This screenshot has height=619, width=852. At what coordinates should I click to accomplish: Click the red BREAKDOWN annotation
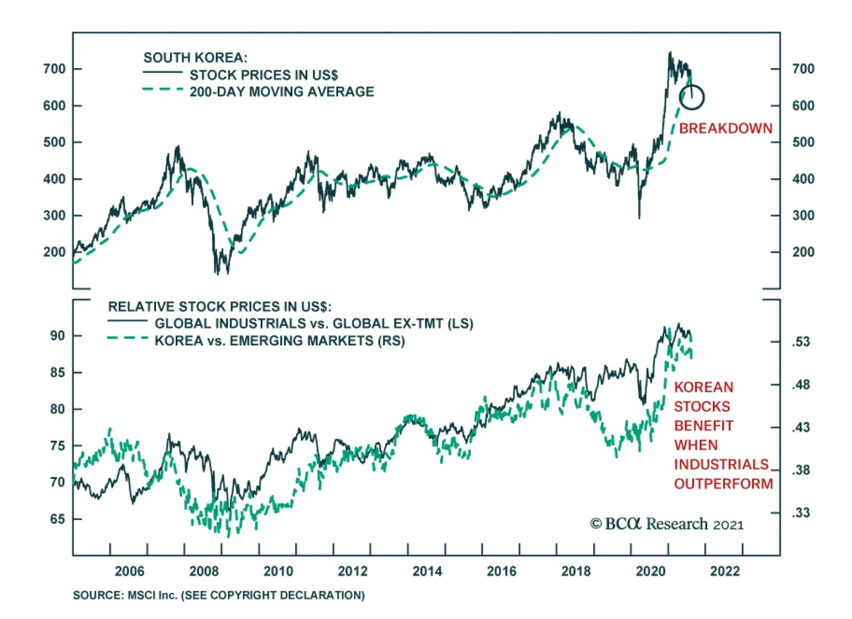point(725,128)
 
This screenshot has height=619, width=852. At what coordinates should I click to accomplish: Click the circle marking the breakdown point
point(692,97)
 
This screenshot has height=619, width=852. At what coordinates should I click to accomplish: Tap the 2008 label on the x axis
point(204,571)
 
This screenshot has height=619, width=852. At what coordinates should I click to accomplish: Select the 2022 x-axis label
point(725,571)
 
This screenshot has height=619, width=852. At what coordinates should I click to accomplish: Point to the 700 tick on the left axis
point(54,69)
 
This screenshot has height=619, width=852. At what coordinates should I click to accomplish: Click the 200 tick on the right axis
point(803,252)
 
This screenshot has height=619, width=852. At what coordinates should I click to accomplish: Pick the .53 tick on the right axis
point(800,342)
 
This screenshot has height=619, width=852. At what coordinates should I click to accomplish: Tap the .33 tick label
point(800,513)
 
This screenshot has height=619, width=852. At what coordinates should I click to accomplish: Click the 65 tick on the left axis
point(58,519)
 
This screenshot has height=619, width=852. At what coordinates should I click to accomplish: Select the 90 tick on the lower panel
point(58,336)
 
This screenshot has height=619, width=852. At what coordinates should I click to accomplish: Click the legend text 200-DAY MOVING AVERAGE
point(282,92)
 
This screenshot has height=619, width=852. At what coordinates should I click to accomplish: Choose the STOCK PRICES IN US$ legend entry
point(264,75)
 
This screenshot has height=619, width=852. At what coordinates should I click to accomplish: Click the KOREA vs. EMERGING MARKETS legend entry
point(280,341)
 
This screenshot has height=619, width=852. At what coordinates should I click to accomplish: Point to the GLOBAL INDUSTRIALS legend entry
point(314,324)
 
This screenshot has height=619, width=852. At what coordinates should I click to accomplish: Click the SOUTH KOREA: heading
point(195,57)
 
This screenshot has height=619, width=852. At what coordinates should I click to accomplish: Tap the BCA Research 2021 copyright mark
point(667,524)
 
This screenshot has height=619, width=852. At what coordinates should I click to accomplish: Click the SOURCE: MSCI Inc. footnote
point(219,595)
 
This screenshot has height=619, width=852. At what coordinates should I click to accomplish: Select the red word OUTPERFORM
point(723,484)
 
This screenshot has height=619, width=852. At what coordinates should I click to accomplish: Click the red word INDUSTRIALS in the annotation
point(721,465)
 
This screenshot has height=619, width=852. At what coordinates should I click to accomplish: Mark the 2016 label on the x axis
point(502,571)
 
